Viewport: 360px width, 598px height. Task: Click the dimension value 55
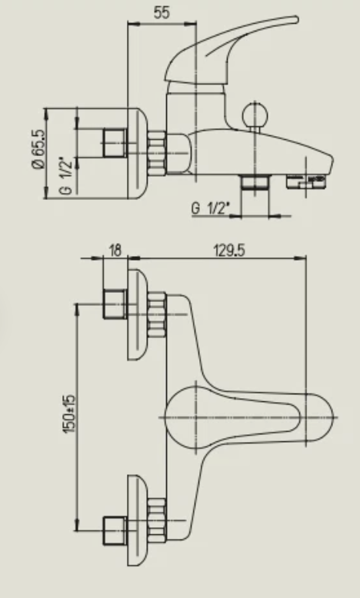(161, 12)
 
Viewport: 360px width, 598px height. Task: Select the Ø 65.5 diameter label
(38, 149)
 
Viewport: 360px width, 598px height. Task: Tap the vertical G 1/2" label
(66, 176)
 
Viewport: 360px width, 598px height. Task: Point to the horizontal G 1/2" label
(210, 208)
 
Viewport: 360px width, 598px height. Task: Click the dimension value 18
(115, 251)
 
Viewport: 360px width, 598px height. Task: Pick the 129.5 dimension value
(229, 251)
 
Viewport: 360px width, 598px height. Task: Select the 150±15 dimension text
(69, 414)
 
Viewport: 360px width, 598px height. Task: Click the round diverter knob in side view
(255, 115)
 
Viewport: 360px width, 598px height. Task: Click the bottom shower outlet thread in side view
(255, 181)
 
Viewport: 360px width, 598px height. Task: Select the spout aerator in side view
(306, 181)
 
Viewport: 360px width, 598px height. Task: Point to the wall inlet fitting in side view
(114, 143)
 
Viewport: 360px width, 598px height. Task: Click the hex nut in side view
(157, 153)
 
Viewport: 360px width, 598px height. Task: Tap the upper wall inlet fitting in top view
(115, 304)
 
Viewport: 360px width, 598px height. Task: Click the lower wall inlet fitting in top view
(115, 531)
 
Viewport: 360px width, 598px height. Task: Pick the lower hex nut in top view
(157, 520)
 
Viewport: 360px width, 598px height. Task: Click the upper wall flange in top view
(137, 314)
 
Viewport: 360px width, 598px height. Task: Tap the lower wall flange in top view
(137, 520)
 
